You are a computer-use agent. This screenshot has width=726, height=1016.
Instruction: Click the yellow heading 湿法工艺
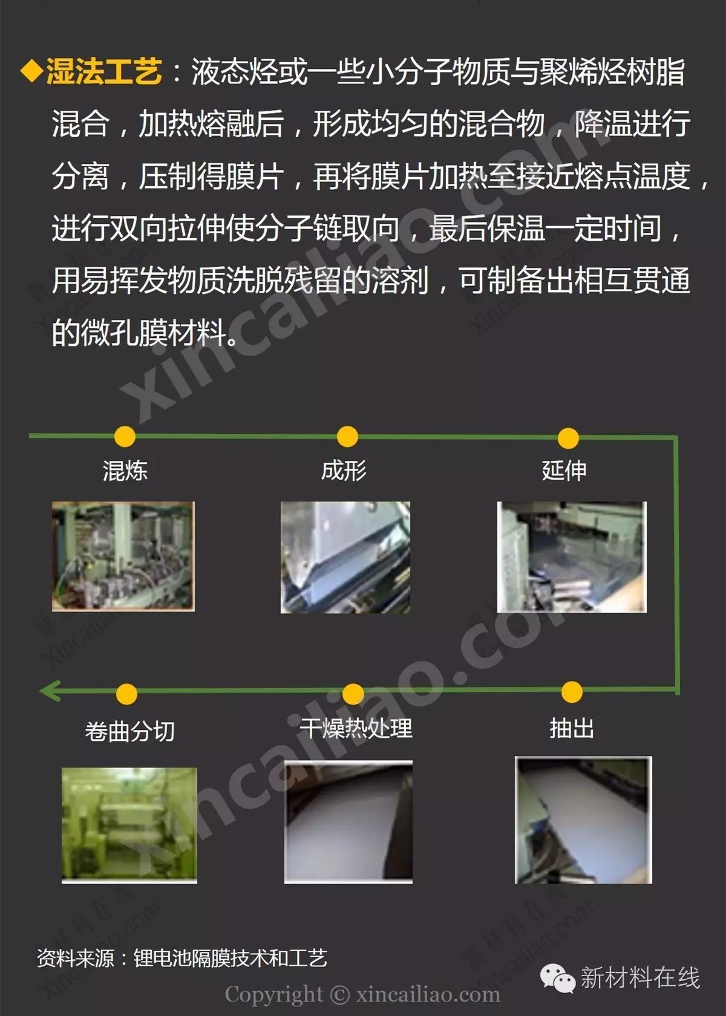[104, 71]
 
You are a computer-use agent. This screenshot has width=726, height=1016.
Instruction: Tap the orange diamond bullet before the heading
[31, 71]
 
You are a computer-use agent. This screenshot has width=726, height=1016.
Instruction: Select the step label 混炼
[125, 471]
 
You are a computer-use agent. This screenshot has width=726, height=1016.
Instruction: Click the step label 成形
[344, 471]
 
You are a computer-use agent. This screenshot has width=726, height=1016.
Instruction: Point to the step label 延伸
[564, 471]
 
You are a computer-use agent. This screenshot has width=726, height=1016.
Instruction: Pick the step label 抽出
[572, 728]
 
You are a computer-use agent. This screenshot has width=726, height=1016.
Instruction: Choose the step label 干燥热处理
[356, 728]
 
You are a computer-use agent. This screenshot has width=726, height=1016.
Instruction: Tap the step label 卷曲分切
[129, 731]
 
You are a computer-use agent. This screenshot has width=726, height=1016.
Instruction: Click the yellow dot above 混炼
[125, 437]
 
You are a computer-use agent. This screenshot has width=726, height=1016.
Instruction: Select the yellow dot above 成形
[347, 437]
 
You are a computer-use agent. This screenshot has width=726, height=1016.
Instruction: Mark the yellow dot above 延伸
[568, 438]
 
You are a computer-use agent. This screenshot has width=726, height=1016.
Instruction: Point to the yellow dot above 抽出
[572, 692]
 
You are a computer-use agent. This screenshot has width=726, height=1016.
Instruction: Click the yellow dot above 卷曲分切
[126, 694]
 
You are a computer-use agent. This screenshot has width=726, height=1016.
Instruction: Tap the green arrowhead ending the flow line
[49, 691]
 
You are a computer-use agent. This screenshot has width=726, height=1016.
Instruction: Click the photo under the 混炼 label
[123, 556]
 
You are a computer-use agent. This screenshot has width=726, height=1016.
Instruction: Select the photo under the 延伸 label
[572, 557]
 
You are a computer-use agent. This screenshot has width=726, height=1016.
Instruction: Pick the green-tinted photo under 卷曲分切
[129, 825]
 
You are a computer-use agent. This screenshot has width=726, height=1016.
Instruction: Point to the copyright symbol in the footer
[340, 995]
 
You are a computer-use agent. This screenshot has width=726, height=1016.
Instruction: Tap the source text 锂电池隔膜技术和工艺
[230, 959]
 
